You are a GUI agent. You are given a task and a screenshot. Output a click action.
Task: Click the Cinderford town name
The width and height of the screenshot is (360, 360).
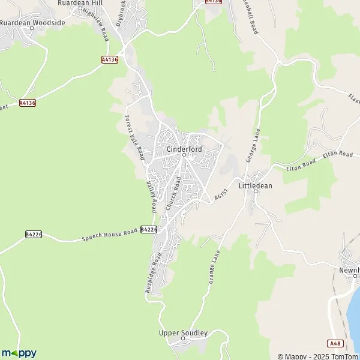click(184, 148)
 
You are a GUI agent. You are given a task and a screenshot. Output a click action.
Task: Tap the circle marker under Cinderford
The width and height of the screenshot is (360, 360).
click(184, 155)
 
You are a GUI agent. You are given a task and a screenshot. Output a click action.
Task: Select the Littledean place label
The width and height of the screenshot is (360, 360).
click(256, 186)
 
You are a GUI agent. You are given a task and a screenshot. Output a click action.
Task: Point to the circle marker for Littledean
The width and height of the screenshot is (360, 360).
click(256, 193)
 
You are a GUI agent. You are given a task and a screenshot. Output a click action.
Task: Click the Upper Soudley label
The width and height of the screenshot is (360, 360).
click(183, 333)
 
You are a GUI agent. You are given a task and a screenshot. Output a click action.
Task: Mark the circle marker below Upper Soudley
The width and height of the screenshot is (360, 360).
click(183, 340)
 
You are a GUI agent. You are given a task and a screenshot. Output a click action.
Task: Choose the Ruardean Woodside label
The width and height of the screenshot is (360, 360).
click(32, 22)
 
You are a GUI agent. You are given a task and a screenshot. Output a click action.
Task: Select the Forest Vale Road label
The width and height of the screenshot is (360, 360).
click(134, 137)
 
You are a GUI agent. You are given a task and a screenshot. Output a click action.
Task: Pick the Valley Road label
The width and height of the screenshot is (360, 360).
click(152, 196)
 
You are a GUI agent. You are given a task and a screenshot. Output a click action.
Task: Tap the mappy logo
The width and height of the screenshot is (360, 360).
click(19, 353)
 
